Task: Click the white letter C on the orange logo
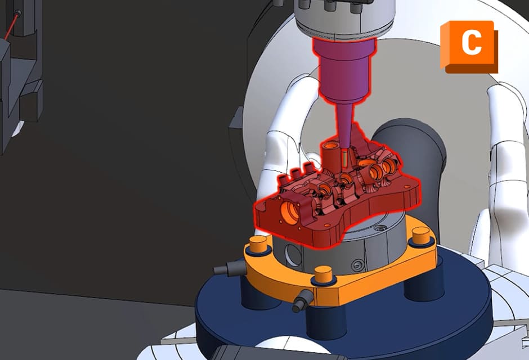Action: coord(471,43)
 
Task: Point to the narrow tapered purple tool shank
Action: coord(344,127)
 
